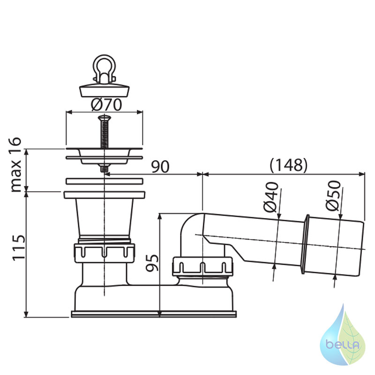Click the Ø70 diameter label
point(106,105)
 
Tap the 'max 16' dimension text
point(16,165)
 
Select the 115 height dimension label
point(19,247)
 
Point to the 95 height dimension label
point(152,263)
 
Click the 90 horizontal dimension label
point(160,167)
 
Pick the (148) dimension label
point(288,165)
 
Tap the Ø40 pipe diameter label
point(271,197)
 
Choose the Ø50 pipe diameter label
point(333,195)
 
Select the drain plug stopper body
point(105,90)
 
